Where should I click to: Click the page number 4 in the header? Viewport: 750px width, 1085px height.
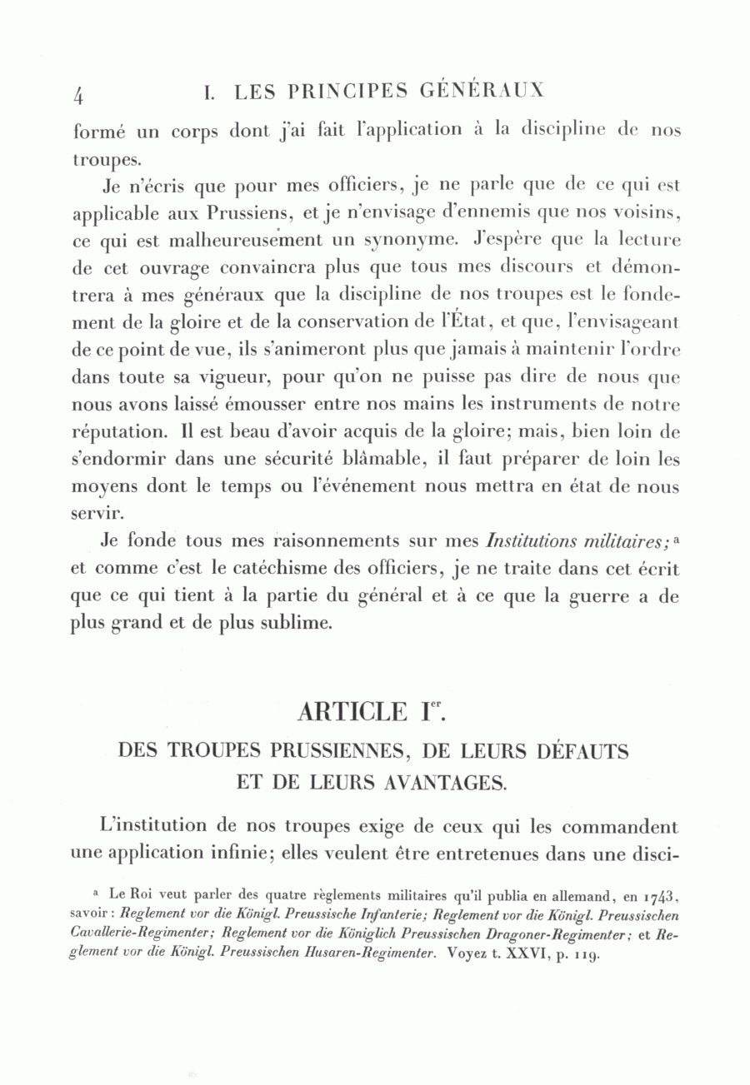click(x=78, y=95)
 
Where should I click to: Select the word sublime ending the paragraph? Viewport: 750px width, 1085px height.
click(x=295, y=624)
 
